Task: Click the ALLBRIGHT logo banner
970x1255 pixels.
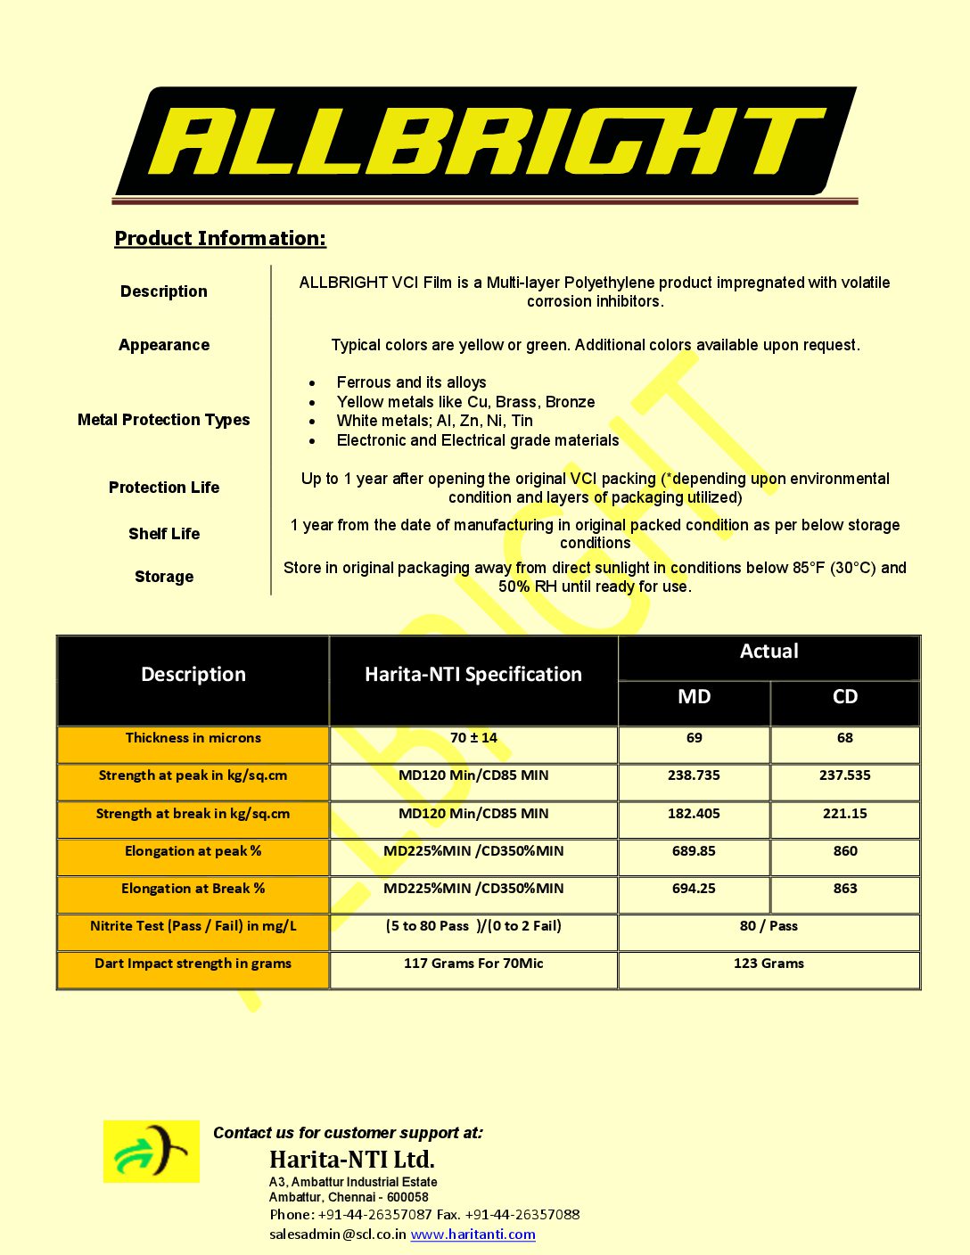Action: pyautogui.click(x=485, y=143)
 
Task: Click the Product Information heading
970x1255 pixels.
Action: pyautogui.click(x=220, y=238)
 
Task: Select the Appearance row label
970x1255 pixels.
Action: pyautogui.click(x=164, y=345)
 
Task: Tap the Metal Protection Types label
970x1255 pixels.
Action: pyautogui.click(x=163, y=420)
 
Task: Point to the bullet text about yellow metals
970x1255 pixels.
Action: pyautogui.click(x=465, y=402)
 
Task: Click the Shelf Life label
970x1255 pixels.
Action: pyautogui.click(x=164, y=534)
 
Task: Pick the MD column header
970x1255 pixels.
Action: pyautogui.click(x=694, y=697)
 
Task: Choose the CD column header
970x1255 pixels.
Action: pyautogui.click(x=844, y=697)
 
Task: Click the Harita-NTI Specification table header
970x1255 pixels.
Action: pyautogui.click(x=473, y=675)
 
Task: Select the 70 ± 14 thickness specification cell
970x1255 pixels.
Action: pyautogui.click(x=473, y=738)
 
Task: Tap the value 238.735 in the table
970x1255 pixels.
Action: pyautogui.click(x=694, y=775)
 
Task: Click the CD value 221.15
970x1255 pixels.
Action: pyautogui.click(x=844, y=814)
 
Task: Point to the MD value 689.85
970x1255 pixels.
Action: pyautogui.click(x=694, y=851)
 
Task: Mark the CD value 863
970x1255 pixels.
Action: pyautogui.click(x=844, y=889)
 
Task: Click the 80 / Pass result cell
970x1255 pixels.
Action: pyautogui.click(x=769, y=926)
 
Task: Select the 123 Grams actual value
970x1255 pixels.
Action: pyautogui.click(x=769, y=964)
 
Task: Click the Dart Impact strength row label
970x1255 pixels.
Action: pyautogui.click(x=193, y=964)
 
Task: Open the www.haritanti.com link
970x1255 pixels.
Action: pyautogui.click(x=473, y=1234)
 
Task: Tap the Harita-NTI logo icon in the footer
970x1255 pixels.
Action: pyautogui.click(x=152, y=1152)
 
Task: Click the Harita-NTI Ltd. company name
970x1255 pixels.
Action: pyautogui.click(x=352, y=1160)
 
